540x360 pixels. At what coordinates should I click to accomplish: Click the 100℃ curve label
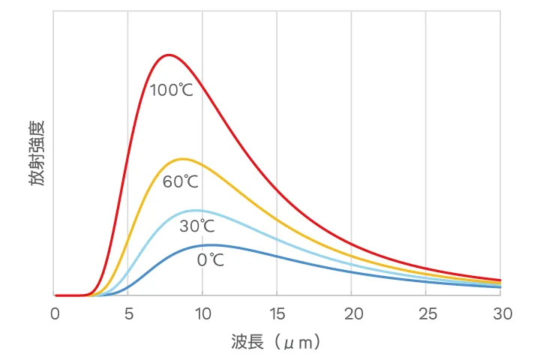tap(172, 91)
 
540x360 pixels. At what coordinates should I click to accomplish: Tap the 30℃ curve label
tap(196, 226)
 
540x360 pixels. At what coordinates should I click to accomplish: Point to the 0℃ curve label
tap(211, 260)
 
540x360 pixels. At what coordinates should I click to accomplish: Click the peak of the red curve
tap(169, 55)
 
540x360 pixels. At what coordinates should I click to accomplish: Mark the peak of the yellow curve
tap(182, 158)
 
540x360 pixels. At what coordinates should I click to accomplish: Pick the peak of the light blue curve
tap(195, 210)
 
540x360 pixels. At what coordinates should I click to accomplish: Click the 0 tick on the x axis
tap(54, 313)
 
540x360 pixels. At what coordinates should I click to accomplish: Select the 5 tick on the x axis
tap(128, 313)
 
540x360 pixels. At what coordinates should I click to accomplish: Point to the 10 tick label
tap(202, 313)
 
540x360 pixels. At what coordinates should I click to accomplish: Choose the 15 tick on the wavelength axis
tap(277, 313)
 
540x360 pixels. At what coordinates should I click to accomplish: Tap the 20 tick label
tap(351, 313)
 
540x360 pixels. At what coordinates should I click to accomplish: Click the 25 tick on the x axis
tap(426, 313)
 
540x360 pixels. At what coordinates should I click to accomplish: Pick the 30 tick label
tap(500, 313)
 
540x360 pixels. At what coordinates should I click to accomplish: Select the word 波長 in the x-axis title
tap(244, 343)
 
